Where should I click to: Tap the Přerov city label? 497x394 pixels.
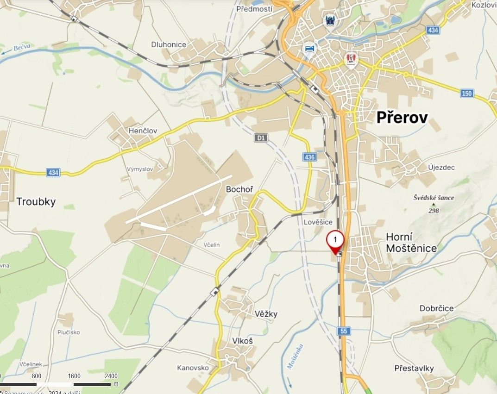point(402,117)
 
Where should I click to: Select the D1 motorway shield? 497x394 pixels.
point(261,138)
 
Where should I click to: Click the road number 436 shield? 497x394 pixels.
point(310,157)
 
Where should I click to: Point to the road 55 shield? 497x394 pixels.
point(344,331)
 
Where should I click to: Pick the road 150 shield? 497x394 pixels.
point(467,94)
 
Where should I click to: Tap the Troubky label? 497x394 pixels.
point(36,201)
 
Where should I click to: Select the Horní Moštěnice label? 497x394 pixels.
point(411,242)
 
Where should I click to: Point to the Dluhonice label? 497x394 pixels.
point(169,44)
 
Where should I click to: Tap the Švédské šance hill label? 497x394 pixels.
point(434,198)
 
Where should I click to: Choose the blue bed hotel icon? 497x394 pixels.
point(309,49)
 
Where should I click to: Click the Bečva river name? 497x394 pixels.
point(21,48)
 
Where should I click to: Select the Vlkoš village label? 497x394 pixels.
point(242,341)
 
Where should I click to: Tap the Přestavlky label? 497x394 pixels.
point(414,368)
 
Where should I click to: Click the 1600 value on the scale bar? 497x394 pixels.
point(74,376)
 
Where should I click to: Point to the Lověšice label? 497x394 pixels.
point(318,222)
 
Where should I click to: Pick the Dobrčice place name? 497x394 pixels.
point(436,308)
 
